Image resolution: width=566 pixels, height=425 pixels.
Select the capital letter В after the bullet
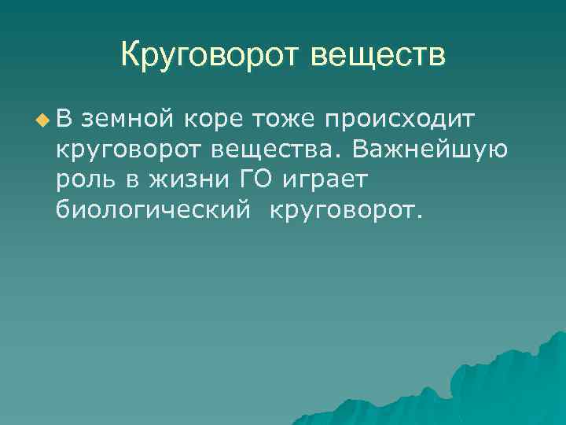point(64,119)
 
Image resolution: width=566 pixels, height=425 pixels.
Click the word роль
point(82,179)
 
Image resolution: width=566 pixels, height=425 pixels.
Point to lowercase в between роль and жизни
point(127,179)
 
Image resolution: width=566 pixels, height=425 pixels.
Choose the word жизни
point(180,179)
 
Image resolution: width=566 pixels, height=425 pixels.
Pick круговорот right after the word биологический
point(345,209)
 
